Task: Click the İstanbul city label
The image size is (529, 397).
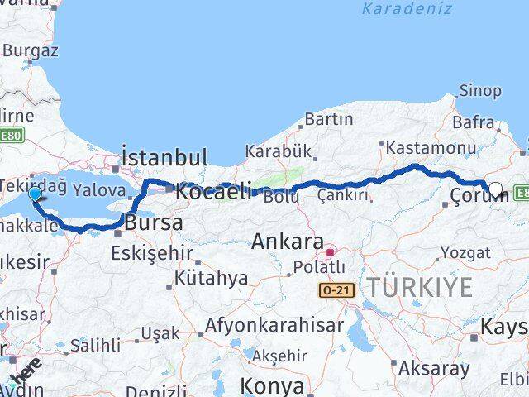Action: [x=164, y=157]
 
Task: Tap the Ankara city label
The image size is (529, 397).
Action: [x=287, y=242]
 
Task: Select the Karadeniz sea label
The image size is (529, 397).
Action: [x=407, y=9]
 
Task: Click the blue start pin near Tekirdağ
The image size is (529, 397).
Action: [x=35, y=194]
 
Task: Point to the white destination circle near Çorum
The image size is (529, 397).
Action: [x=496, y=189]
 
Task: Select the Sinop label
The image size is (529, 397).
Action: [x=479, y=91]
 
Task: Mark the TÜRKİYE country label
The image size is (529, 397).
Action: [x=420, y=288]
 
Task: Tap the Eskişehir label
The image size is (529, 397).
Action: [x=156, y=252]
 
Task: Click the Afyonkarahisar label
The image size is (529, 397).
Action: [x=274, y=325]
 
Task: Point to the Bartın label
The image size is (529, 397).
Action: [x=329, y=119]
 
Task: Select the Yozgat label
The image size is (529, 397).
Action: [x=465, y=252]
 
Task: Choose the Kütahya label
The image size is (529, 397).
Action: [x=211, y=278]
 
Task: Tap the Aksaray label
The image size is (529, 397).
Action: [x=433, y=368]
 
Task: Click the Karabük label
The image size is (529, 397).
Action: [x=278, y=151]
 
